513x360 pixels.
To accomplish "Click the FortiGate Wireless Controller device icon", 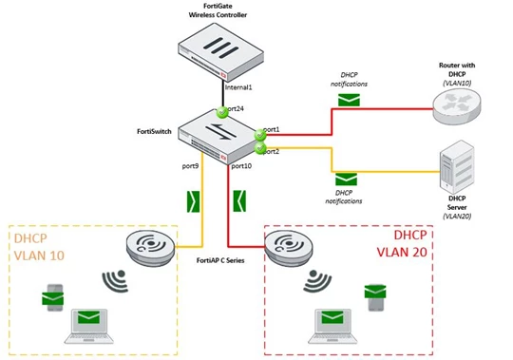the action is click(x=220, y=52).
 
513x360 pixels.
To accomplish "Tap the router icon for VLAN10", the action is click(x=457, y=106).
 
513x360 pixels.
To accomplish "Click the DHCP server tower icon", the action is click(x=457, y=167).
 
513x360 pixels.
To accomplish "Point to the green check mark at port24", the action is click(x=222, y=112).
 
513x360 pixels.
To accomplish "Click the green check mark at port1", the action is click(x=260, y=134).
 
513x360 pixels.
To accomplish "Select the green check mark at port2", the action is click(x=260, y=148).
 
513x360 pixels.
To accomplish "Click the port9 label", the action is click(x=190, y=166).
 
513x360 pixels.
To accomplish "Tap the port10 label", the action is click(x=241, y=166).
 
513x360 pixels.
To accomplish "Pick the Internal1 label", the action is click(x=238, y=87).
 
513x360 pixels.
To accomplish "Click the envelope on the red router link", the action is click(x=349, y=100).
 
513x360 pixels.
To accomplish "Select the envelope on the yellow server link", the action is click(x=346, y=180).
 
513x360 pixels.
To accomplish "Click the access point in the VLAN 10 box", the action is click(x=151, y=248).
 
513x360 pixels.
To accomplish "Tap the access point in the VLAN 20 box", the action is click(x=289, y=248).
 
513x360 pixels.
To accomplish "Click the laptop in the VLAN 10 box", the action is click(x=89, y=326).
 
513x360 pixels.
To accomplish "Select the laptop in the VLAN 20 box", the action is click(x=332, y=326).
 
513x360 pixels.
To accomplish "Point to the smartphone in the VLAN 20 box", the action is click(x=375, y=297).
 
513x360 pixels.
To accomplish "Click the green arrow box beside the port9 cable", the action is click(x=194, y=201).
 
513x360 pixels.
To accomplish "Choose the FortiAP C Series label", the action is click(x=220, y=260).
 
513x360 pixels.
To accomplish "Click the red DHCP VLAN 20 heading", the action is click(x=402, y=243).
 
